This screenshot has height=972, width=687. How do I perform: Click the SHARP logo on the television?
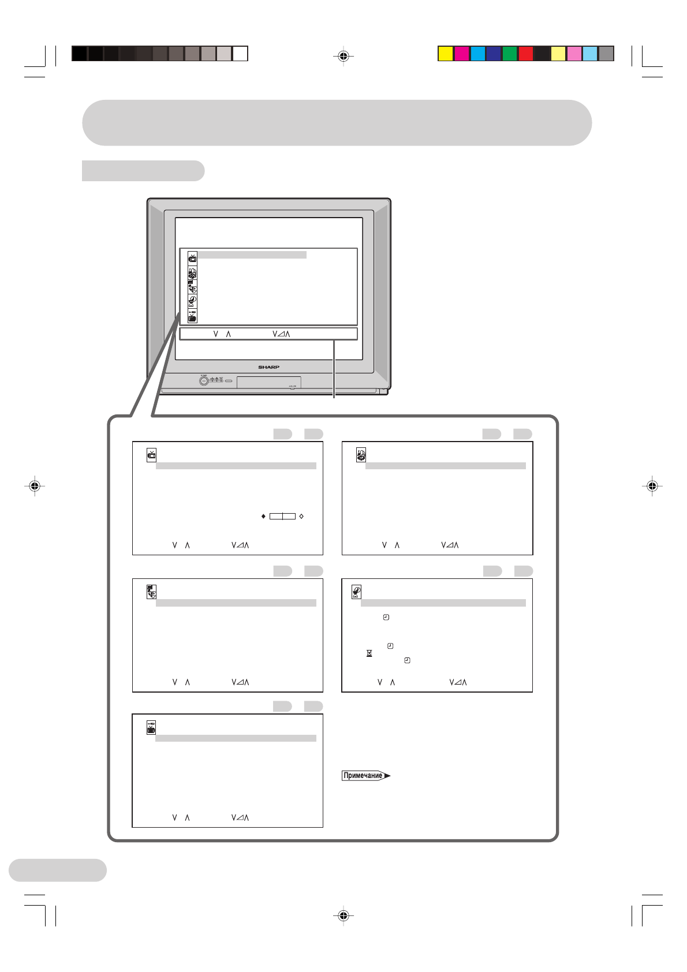[268, 367]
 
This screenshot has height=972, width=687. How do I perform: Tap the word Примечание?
[363, 776]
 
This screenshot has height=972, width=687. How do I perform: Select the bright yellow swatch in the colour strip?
[445, 54]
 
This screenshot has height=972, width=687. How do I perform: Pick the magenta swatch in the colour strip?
[461, 54]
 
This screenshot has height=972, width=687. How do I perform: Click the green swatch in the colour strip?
[510, 54]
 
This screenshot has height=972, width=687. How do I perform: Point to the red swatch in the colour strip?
[525, 54]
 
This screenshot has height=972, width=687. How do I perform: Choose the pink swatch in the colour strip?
[574, 54]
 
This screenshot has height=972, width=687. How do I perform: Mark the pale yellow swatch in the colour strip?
[558, 54]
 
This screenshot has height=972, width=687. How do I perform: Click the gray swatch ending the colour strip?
[606, 54]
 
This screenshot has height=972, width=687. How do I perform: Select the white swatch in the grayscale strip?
[240, 54]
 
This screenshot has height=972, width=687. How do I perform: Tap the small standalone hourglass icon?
[369, 653]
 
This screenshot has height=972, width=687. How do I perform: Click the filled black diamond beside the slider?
[263, 516]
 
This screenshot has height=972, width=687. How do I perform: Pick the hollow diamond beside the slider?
[301, 516]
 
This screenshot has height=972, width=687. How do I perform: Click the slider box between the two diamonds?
[282, 516]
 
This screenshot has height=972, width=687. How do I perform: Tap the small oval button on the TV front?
[228, 381]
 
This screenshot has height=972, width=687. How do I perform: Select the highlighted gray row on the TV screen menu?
[252, 255]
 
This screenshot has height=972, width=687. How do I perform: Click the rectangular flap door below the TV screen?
[269, 382]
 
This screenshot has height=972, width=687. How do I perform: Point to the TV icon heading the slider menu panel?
[151, 455]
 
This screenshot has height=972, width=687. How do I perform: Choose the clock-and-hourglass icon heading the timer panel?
[357, 592]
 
